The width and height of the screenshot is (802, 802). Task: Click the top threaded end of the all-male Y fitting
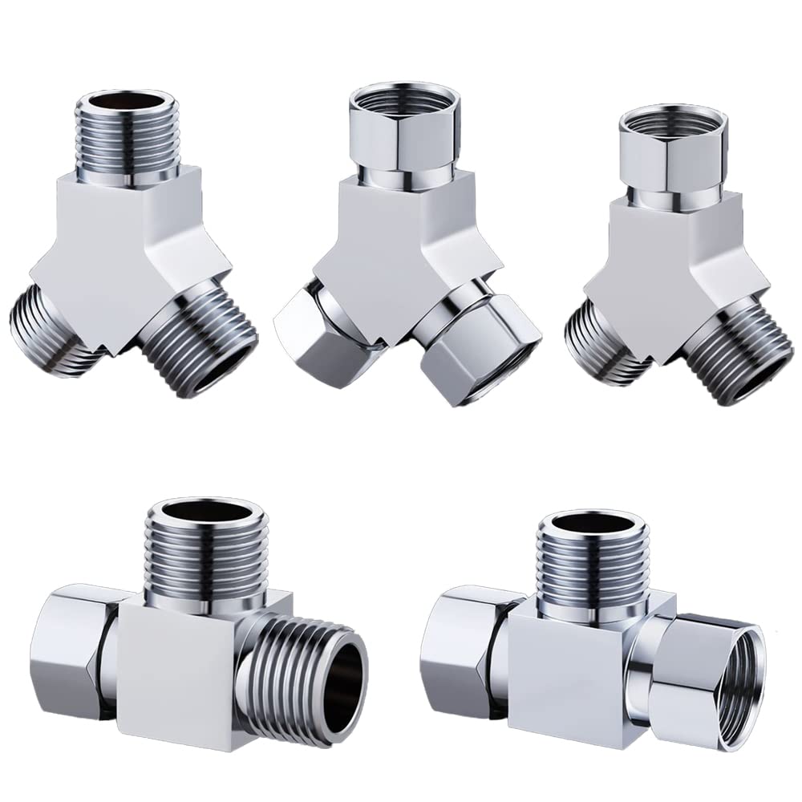point(128,136)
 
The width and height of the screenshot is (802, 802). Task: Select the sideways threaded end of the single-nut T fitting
point(309,674)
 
